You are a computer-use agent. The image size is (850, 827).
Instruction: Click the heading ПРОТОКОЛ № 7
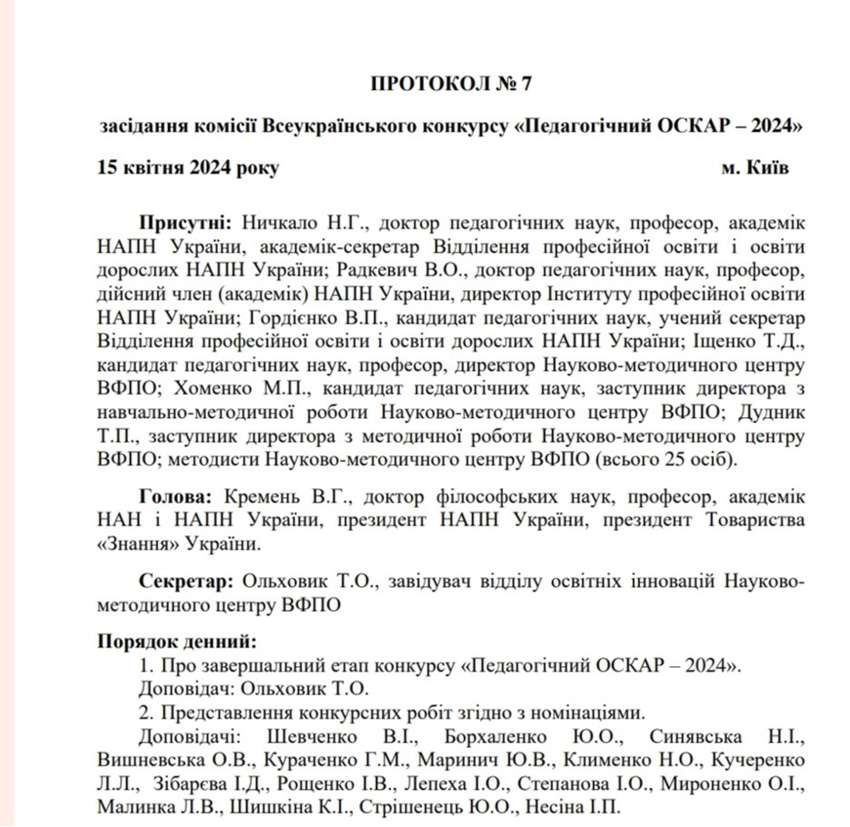450,84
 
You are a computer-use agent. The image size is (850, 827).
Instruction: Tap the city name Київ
770,168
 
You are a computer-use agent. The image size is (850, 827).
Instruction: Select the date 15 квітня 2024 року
189,168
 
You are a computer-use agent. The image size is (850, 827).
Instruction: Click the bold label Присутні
187,223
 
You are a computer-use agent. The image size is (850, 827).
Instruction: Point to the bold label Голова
176,497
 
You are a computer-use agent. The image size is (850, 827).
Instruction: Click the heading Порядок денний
177,641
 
